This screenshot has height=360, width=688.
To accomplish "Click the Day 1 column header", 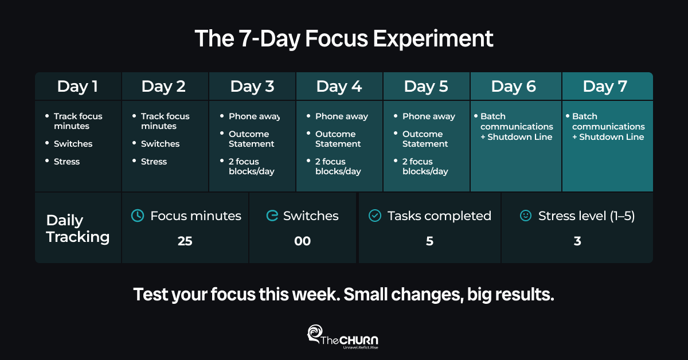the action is pyautogui.click(x=77, y=87).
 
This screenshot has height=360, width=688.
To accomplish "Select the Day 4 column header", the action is pyautogui.click(x=339, y=87).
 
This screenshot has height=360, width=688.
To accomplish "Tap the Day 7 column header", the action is pyautogui.click(x=605, y=87).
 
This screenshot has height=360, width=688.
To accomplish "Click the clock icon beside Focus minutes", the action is pyautogui.click(x=138, y=216).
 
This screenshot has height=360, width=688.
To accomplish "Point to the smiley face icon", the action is pyautogui.click(x=526, y=216).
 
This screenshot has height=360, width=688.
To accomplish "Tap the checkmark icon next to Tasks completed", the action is pyautogui.click(x=375, y=216).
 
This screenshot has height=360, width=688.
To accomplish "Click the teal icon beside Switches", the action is pyautogui.click(x=272, y=216).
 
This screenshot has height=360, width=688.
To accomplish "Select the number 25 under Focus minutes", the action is pyautogui.click(x=185, y=241).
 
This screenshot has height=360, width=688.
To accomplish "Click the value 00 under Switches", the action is pyautogui.click(x=303, y=241).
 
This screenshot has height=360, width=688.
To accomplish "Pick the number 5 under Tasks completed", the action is pyautogui.click(x=429, y=241).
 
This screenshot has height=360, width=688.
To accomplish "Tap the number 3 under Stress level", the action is pyautogui.click(x=577, y=241).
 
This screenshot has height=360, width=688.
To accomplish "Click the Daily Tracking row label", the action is pyautogui.click(x=77, y=229).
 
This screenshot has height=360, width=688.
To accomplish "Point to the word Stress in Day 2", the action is pyautogui.click(x=154, y=162).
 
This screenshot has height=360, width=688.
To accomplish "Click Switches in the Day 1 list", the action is pyautogui.click(x=73, y=144).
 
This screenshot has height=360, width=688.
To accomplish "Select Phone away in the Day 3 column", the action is pyautogui.click(x=255, y=116).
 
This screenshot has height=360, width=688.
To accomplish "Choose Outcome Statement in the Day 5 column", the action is pyautogui.click(x=425, y=139).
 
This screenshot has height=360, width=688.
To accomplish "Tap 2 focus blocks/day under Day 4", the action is pyautogui.click(x=338, y=166).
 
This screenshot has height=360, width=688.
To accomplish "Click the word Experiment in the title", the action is pyautogui.click(x=433, y=39).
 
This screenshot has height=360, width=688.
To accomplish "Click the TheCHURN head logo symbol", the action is pyautogui.click(x=315, y=334).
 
